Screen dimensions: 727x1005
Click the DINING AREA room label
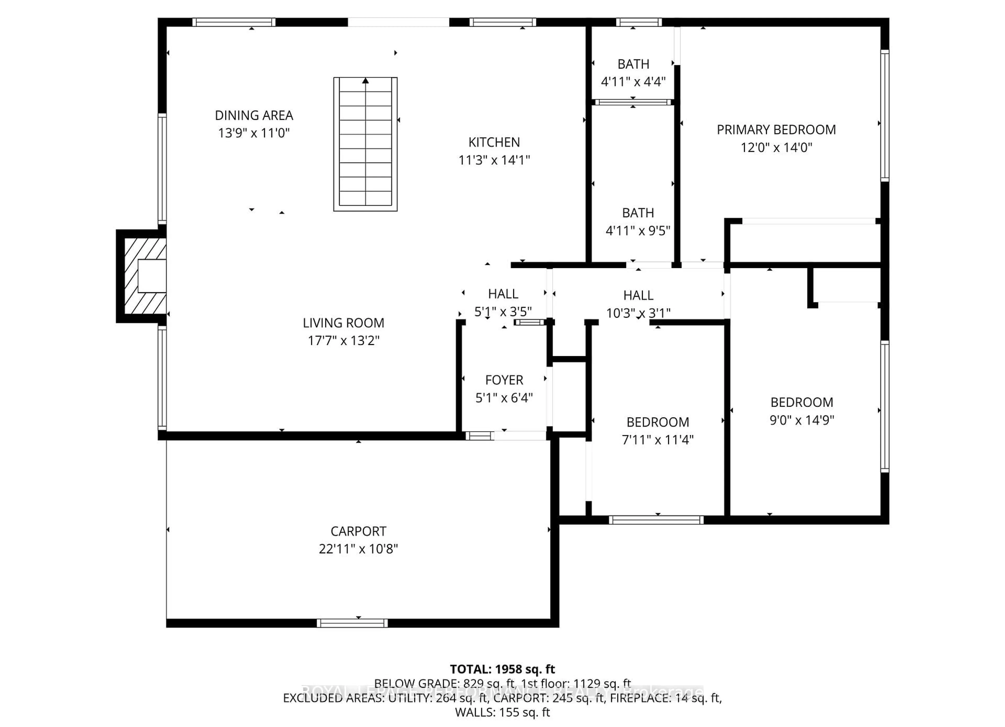[254, 116]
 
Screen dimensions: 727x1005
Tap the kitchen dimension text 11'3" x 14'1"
[494, 160]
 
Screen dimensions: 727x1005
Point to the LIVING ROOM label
[343, 323]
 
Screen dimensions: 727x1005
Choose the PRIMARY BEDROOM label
[776, 130]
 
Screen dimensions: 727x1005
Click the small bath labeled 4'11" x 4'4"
[633, 64]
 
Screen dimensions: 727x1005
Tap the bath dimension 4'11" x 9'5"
[638, 231]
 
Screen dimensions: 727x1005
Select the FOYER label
[504, 380]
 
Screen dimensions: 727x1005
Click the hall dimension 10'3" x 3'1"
[638, 313]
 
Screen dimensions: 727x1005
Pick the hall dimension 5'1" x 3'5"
[503, 312]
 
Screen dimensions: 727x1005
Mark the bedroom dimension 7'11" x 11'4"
[658, 440]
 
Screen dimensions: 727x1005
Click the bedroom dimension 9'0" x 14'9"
[802, 420]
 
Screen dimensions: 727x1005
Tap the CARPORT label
[359, 531]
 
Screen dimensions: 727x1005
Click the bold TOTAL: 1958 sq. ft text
[502, 669]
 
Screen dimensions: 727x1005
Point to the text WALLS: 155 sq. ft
[502, 712]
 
